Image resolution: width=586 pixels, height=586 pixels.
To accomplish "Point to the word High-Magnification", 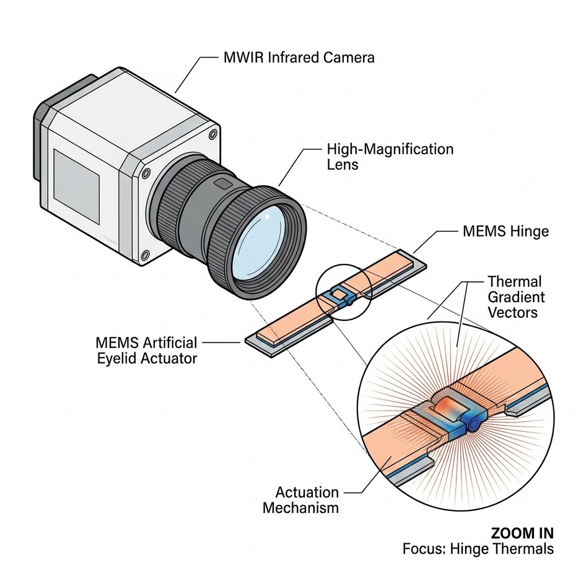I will [x=390, y=149].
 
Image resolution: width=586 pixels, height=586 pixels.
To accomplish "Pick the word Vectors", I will [x=513, y=313].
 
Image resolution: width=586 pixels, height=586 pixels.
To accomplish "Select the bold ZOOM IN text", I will [x=522, y=533].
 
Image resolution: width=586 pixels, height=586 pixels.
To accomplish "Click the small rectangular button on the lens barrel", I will [x=221, y=184].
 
